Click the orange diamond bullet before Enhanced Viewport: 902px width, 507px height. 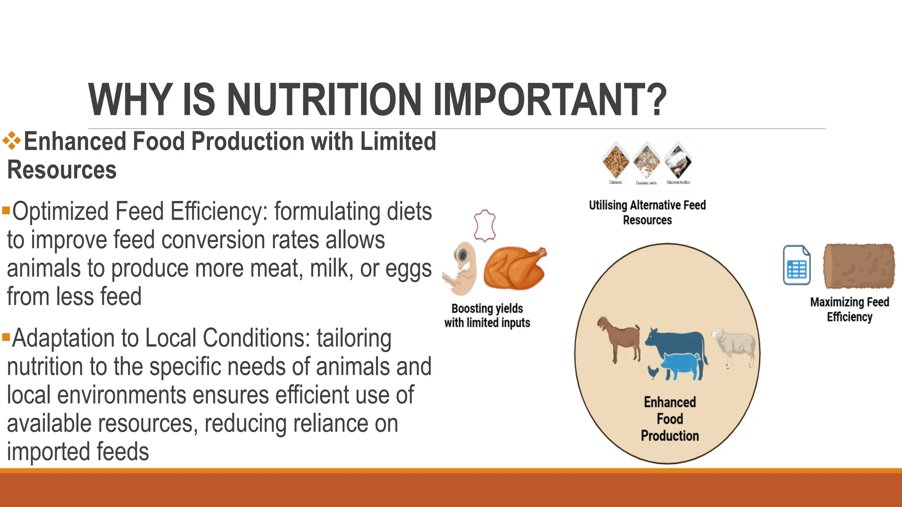[12, 141]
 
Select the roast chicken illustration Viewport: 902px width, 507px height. [514, 268]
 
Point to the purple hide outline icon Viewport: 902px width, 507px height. [484, 225]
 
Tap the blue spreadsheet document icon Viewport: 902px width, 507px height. [797, 265]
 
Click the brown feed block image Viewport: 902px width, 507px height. [859, 266]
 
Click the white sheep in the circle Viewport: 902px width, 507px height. [733, 345]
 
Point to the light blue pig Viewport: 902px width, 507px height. [680, 365]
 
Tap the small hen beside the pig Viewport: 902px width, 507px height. [653, 372]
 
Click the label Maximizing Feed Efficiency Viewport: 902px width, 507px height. [850, 309]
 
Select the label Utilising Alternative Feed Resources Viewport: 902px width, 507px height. [647, 213]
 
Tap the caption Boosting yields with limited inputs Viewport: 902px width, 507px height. [487, 316]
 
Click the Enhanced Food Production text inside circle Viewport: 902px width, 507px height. [669, 419]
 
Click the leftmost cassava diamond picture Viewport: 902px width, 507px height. [616, 161]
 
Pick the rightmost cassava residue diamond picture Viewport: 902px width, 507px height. [678, 161]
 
